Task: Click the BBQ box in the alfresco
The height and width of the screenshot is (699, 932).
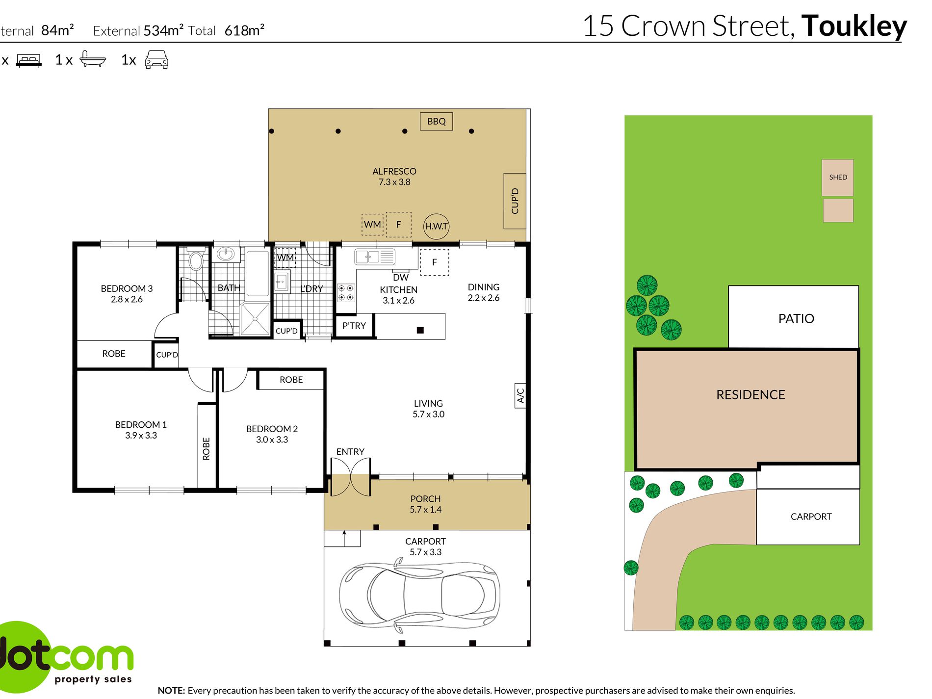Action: pos(436,121)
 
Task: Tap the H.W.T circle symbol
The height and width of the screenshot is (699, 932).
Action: pos(436,226)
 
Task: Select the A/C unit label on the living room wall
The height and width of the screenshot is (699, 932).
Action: pos(520,395)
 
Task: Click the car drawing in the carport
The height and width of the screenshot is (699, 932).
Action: pos(419,595)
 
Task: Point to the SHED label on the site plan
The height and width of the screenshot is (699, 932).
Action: pos(838,177)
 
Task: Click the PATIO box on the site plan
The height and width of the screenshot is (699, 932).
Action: pos(793,317)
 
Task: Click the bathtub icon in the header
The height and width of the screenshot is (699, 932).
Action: pos(92,59)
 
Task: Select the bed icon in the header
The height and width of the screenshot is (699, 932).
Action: pos(29,60)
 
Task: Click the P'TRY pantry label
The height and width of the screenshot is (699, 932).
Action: pos(354,326)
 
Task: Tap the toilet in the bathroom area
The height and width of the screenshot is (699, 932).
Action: pos(196,259)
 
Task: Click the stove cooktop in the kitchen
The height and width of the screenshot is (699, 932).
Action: pos(346,293)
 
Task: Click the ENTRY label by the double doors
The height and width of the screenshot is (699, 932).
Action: pos(350,451)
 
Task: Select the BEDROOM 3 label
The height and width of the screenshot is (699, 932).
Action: pos(127,288)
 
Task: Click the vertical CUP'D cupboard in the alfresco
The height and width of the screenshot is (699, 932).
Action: pos(515,201)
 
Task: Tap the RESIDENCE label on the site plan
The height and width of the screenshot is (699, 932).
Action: pos(751,395)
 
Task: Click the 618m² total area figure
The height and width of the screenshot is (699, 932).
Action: pos(244,30)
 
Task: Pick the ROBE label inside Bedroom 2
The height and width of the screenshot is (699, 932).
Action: pos(291,380)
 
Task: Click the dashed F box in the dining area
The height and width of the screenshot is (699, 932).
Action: pos(434,262)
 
